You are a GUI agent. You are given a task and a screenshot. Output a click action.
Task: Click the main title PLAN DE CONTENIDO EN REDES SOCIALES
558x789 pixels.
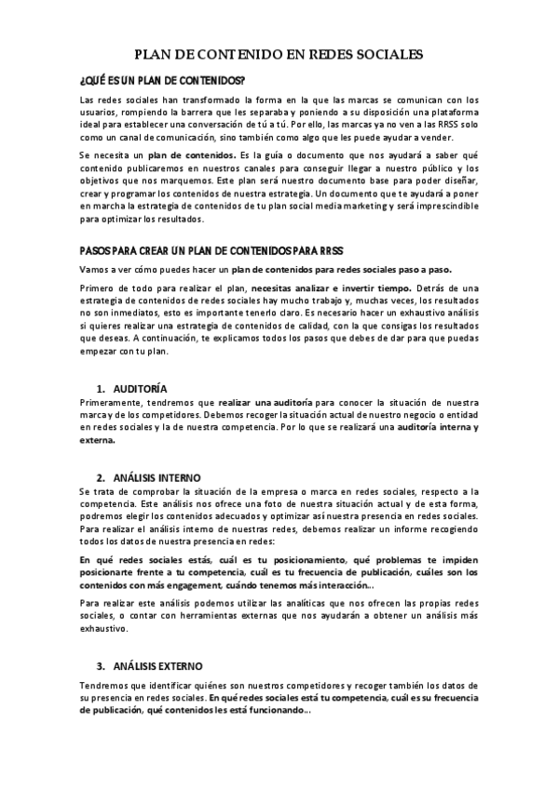pyautogui.click(x=279, y=55)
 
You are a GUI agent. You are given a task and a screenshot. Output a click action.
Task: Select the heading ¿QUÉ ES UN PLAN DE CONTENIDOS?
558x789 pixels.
pyautogui.click(x=163, y=80)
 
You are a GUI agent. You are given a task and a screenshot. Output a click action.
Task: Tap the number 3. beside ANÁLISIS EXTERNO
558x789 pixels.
pyautogui.click(x=101, y=666)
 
